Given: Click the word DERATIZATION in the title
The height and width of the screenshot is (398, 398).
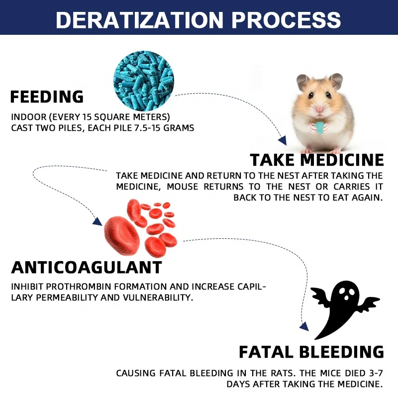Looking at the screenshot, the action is [139, 20].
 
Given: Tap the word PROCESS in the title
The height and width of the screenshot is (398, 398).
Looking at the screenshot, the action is [286, 20].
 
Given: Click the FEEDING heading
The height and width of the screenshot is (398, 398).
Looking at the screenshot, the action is [47, 97].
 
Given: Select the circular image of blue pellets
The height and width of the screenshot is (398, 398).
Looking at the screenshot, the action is [144, 81].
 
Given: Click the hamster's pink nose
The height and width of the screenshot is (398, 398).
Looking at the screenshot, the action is [319, 109].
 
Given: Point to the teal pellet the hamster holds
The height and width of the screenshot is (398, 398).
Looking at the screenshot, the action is [319, 128].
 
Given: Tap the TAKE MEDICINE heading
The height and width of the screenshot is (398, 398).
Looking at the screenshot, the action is [317, 160].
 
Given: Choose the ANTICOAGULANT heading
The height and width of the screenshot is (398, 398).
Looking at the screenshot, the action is [87, 267].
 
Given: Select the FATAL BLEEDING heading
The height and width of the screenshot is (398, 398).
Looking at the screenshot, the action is [311, 352].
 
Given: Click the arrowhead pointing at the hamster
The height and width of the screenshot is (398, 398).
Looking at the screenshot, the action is [283, 140].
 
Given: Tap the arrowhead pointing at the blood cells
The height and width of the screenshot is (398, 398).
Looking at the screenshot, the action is [97, 221].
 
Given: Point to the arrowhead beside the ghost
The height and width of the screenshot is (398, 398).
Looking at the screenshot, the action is [304, 327].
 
